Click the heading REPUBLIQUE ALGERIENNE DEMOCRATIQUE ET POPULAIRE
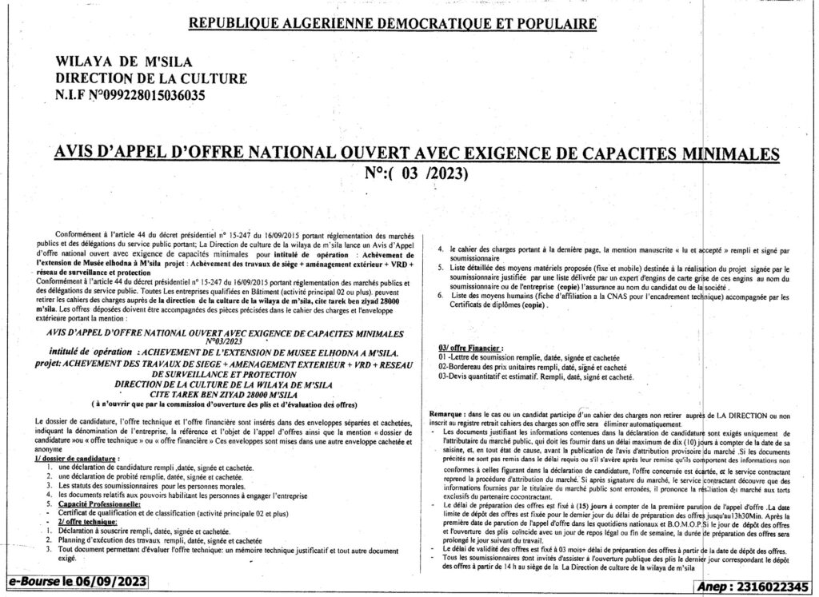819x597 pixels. pyautogui.click(x=392, y=23)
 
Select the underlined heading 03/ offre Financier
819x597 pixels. pyautogui.click(x=471, y=348)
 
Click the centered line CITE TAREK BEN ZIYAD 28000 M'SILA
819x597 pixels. pyautogui.click(x=219, y=394)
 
